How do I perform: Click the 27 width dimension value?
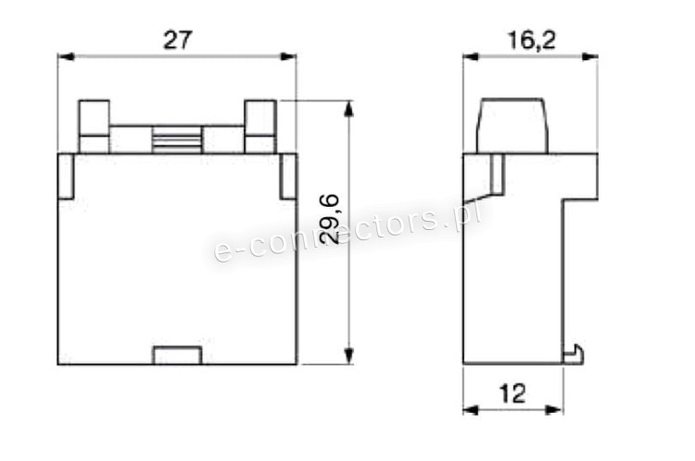click(x=177, y=40)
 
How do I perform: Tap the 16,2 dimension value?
click(x=531, y=41)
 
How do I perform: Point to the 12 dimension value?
click(x=512, y=393)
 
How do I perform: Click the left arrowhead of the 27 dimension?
click(x=66, y=57)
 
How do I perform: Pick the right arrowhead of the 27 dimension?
click(x=288, y=57)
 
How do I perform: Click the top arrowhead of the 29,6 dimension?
click(x=349, y=109)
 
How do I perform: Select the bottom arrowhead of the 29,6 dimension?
click(x=349, y=356)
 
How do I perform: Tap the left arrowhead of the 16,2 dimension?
click(x=471, y=57)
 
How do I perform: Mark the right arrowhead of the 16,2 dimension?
click(x=590, y=57)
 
